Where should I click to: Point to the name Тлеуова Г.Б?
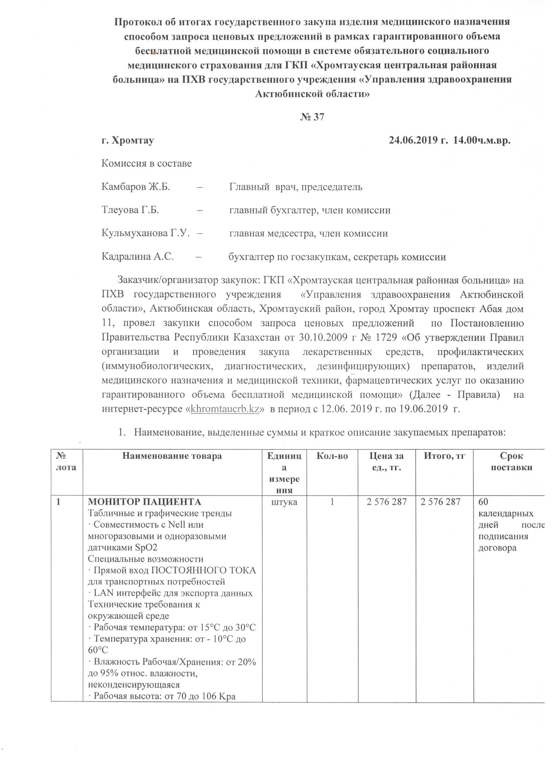click(x=130, y=210)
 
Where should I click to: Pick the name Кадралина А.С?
click(x=138, y=257)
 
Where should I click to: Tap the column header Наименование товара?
click(x=172, y=456)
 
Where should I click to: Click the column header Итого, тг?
click(x=444, y=456)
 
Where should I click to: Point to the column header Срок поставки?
click(x=511, y=462)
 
